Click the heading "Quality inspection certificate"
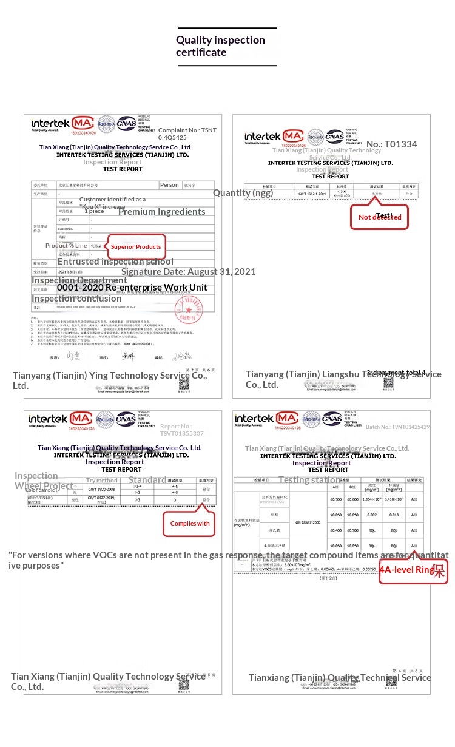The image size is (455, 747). click(220, 46)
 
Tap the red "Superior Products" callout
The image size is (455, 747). click(136, 246)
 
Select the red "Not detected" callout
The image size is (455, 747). click(379, 217)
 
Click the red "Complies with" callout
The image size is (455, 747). click(189, 523)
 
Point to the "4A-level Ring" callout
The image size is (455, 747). click(413, 570)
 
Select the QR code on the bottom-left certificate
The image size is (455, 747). click(184, 683)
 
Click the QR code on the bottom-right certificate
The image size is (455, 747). click(391, 681)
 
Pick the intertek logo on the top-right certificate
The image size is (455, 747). click(263, 137)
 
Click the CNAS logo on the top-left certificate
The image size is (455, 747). click(127, 123)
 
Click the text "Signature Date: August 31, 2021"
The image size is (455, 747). click(189, 272)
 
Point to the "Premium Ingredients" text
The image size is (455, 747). click(161, 212)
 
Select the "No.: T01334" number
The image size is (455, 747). click(392, 144)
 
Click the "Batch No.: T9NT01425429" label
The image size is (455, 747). click(397, 427)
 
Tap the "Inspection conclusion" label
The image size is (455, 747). click(76, 299)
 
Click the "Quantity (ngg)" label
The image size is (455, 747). click(243, 193)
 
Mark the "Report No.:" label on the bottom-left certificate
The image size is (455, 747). click(176, 427)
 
